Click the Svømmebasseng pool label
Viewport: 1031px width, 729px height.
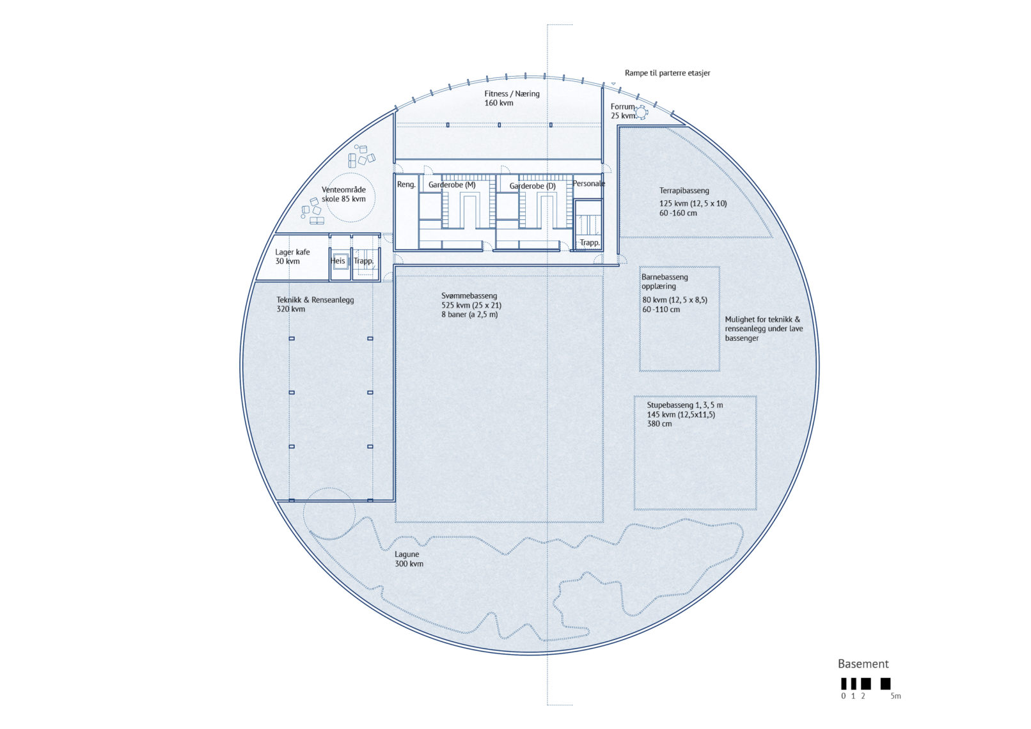click(x=469, y=296)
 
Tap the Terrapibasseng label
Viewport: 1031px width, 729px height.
click(x=684, y=191)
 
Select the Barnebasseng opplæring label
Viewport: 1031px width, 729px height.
click(x=665, y=281)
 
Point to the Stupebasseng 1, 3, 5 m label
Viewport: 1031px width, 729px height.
click(x=685, y=405)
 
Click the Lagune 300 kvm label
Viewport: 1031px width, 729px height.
click(x=409, y=559)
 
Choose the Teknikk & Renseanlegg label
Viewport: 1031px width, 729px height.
click(x=315, y=300)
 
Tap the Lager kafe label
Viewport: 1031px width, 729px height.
click(x=292, y=252)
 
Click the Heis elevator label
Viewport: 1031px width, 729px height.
click(x=337, y=261)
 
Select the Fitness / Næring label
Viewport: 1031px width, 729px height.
click(x=512, y=94)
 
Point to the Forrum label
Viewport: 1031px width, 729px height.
click(x=622, y=107)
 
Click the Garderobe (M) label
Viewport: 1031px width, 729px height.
click(x=452, y=185)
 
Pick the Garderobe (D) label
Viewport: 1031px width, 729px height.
click(x=533, y=186)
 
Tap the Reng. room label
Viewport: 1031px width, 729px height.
click(x=406, y=185)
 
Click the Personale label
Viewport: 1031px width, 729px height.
click(x=588, y=184)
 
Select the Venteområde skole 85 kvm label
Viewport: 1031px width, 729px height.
click(x=344, y=194)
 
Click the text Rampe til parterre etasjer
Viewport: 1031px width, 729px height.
click(x=667, y=73)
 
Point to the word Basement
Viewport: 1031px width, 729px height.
click(x=863, y=664)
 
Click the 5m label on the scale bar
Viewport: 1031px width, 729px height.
click(x=895, y=696)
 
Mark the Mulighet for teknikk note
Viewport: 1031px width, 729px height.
click(x=764, y=329)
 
